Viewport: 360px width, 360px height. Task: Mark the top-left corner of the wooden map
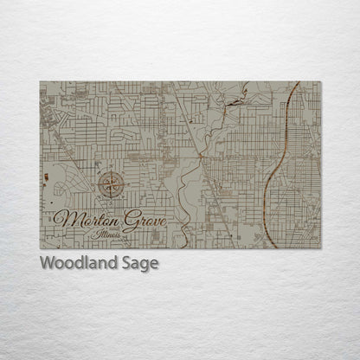click(x=41, y=82)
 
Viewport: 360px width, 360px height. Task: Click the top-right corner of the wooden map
click(x=320, y=82)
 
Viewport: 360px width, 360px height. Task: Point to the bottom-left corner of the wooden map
click(x=41, y=248)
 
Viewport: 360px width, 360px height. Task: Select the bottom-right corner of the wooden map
click(x=320, y=248)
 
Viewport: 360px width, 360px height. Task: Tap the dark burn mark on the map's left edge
click(x=43, y=178)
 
